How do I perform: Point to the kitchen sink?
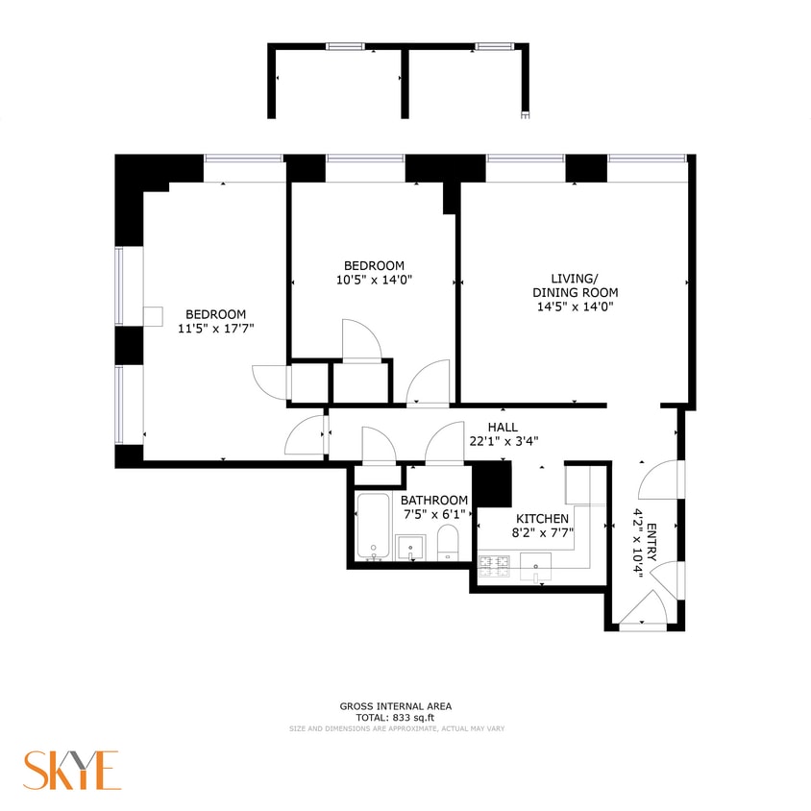point(536,567)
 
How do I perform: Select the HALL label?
point(503,427)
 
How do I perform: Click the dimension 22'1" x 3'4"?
point(503,441)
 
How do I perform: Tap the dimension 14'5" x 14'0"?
point(575,307)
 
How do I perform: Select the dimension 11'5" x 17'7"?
point(215,328)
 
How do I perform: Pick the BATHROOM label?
point(434,500)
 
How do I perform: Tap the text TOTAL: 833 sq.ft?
point(395,717)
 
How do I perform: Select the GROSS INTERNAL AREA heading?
point(395,706)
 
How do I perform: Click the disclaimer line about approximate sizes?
point(397,728)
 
